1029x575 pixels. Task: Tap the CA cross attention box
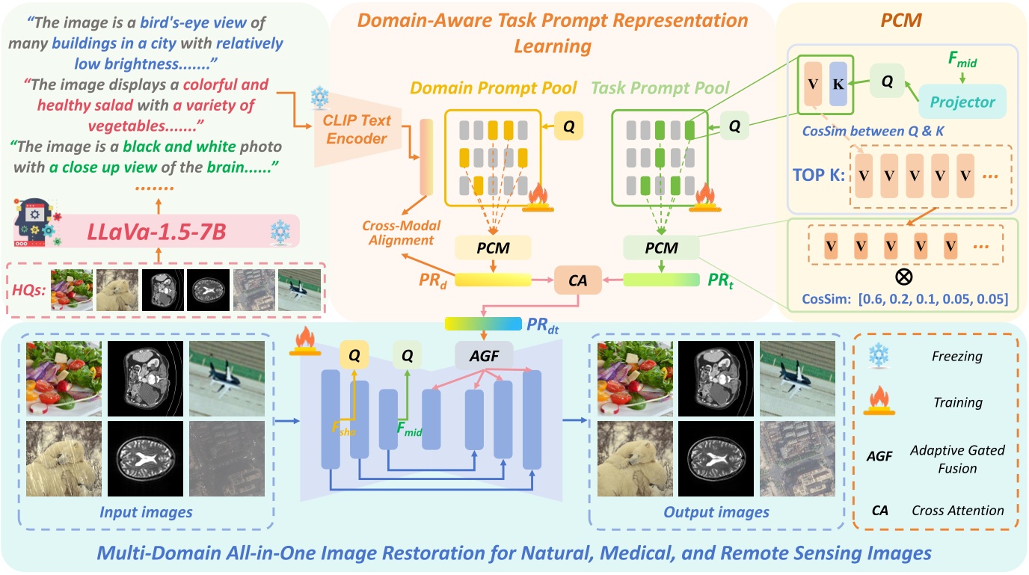pos(572,280)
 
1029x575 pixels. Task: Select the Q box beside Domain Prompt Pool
pos(569,128)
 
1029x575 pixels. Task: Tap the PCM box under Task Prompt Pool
pos(660,247)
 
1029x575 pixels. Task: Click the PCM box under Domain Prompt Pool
pos(493,247)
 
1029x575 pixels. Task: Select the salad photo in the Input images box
pos(64,378)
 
